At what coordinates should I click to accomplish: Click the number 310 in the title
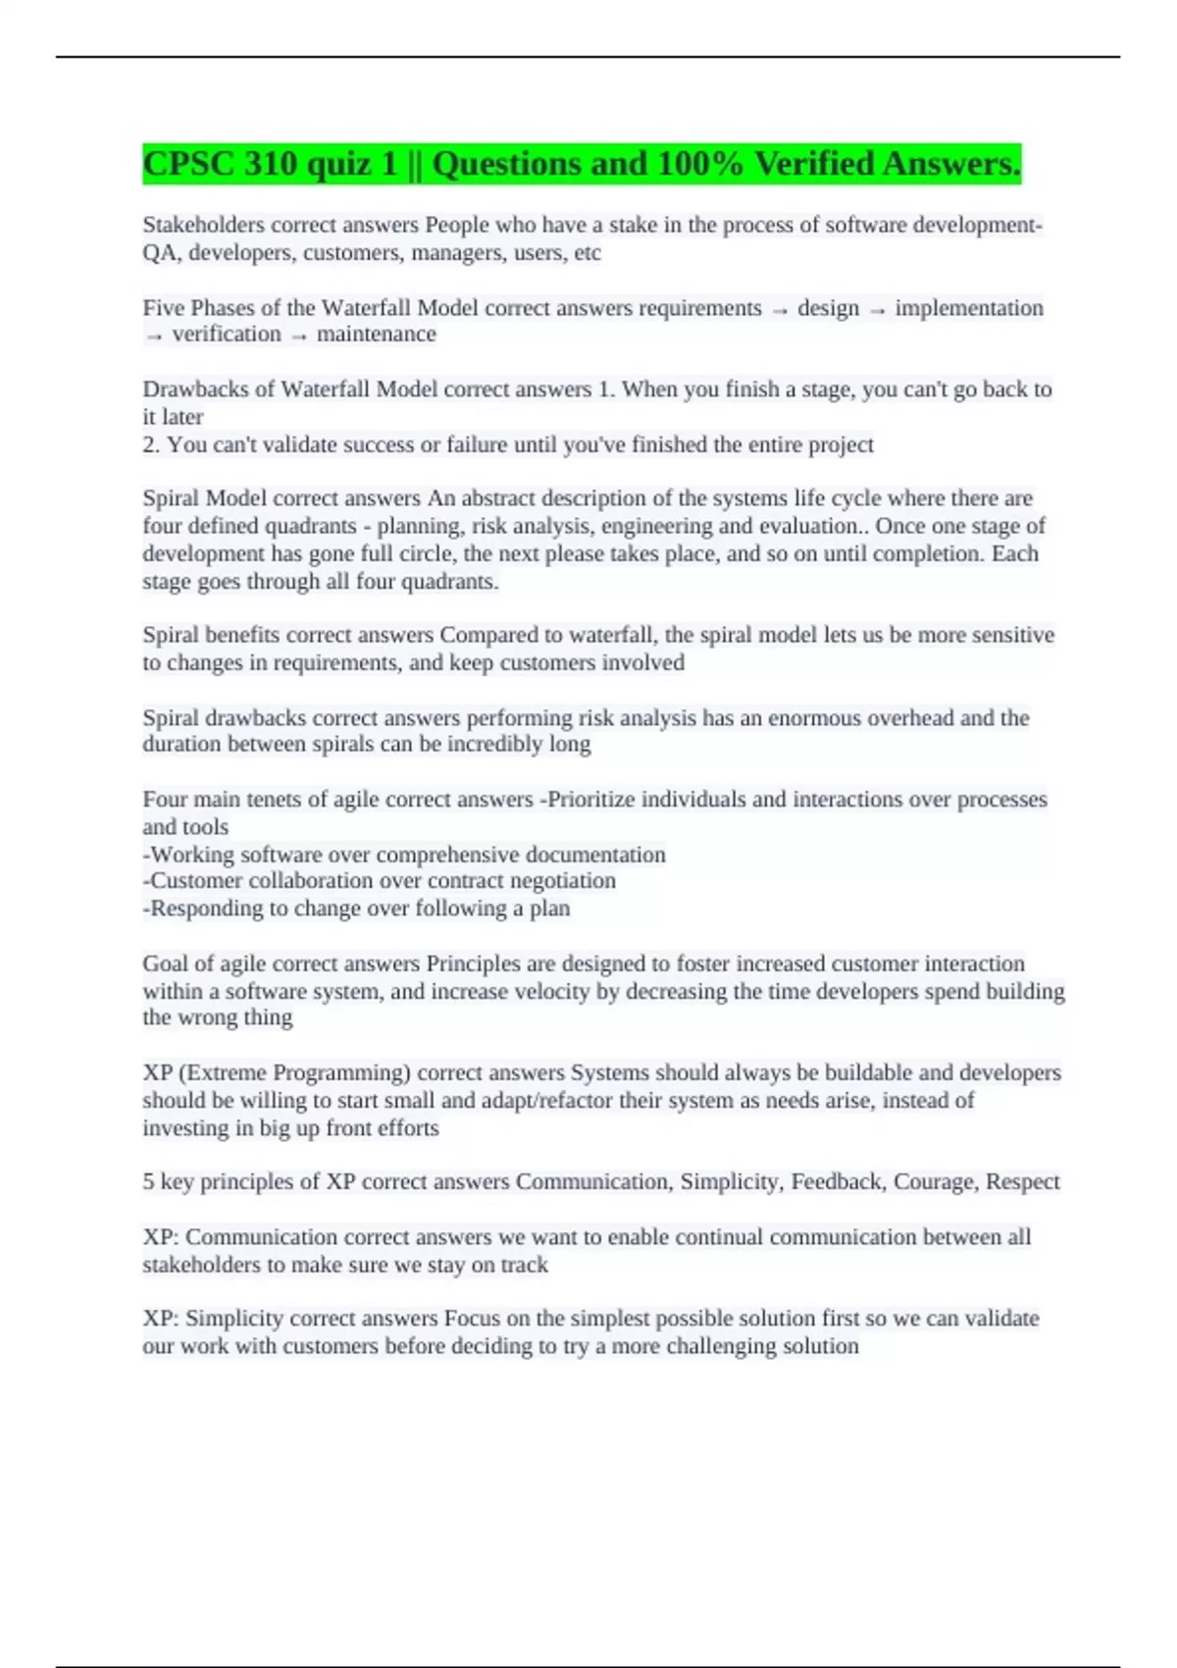271,164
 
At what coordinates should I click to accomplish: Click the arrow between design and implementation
877,310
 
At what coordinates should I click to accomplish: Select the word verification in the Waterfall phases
227,335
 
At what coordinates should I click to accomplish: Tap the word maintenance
376,335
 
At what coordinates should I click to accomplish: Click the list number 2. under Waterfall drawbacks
151,444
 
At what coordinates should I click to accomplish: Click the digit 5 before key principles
148,1181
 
